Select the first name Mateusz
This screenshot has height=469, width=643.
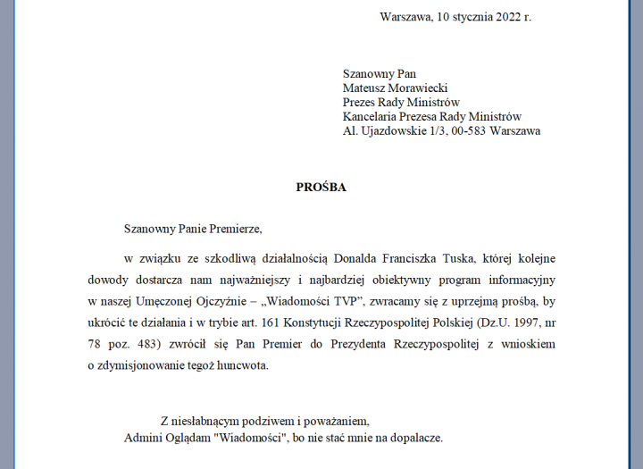pyautogui.click(x=365, y=88)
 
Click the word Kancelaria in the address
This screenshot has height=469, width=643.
pyautogui.click(x=371, y=116)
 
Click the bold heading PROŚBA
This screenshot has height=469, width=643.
pyautogui.click(x=321, y=188)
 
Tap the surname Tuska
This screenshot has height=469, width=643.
pyautogui.click(x=459, y=259)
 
